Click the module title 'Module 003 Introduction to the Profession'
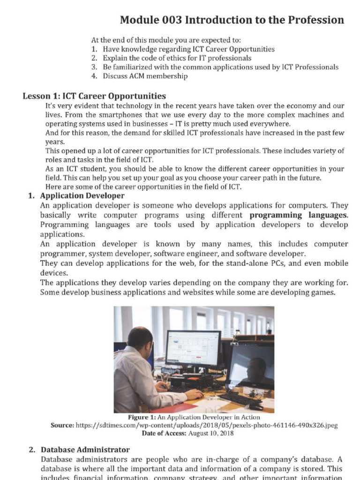pyautogui.click(x=232, y=20)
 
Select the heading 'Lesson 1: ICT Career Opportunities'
pyautogui.click(x=94, y=96)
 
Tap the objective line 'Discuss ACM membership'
pyautogui.click(x=145, y=76)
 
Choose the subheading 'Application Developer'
pyautogui.click(x=82, y=195)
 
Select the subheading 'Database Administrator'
pyautogui.click(x=85, y=450)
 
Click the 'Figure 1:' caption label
pyautogui.click(x=142, y=417)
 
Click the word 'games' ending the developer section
pyautogui.click(x=324, y=292)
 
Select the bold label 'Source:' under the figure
pyautogui.click(x=62, y=425)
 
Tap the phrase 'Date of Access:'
pyautogui.click(x=164, y=433)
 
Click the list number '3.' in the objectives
pyautogui.click(x=94, y=67)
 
